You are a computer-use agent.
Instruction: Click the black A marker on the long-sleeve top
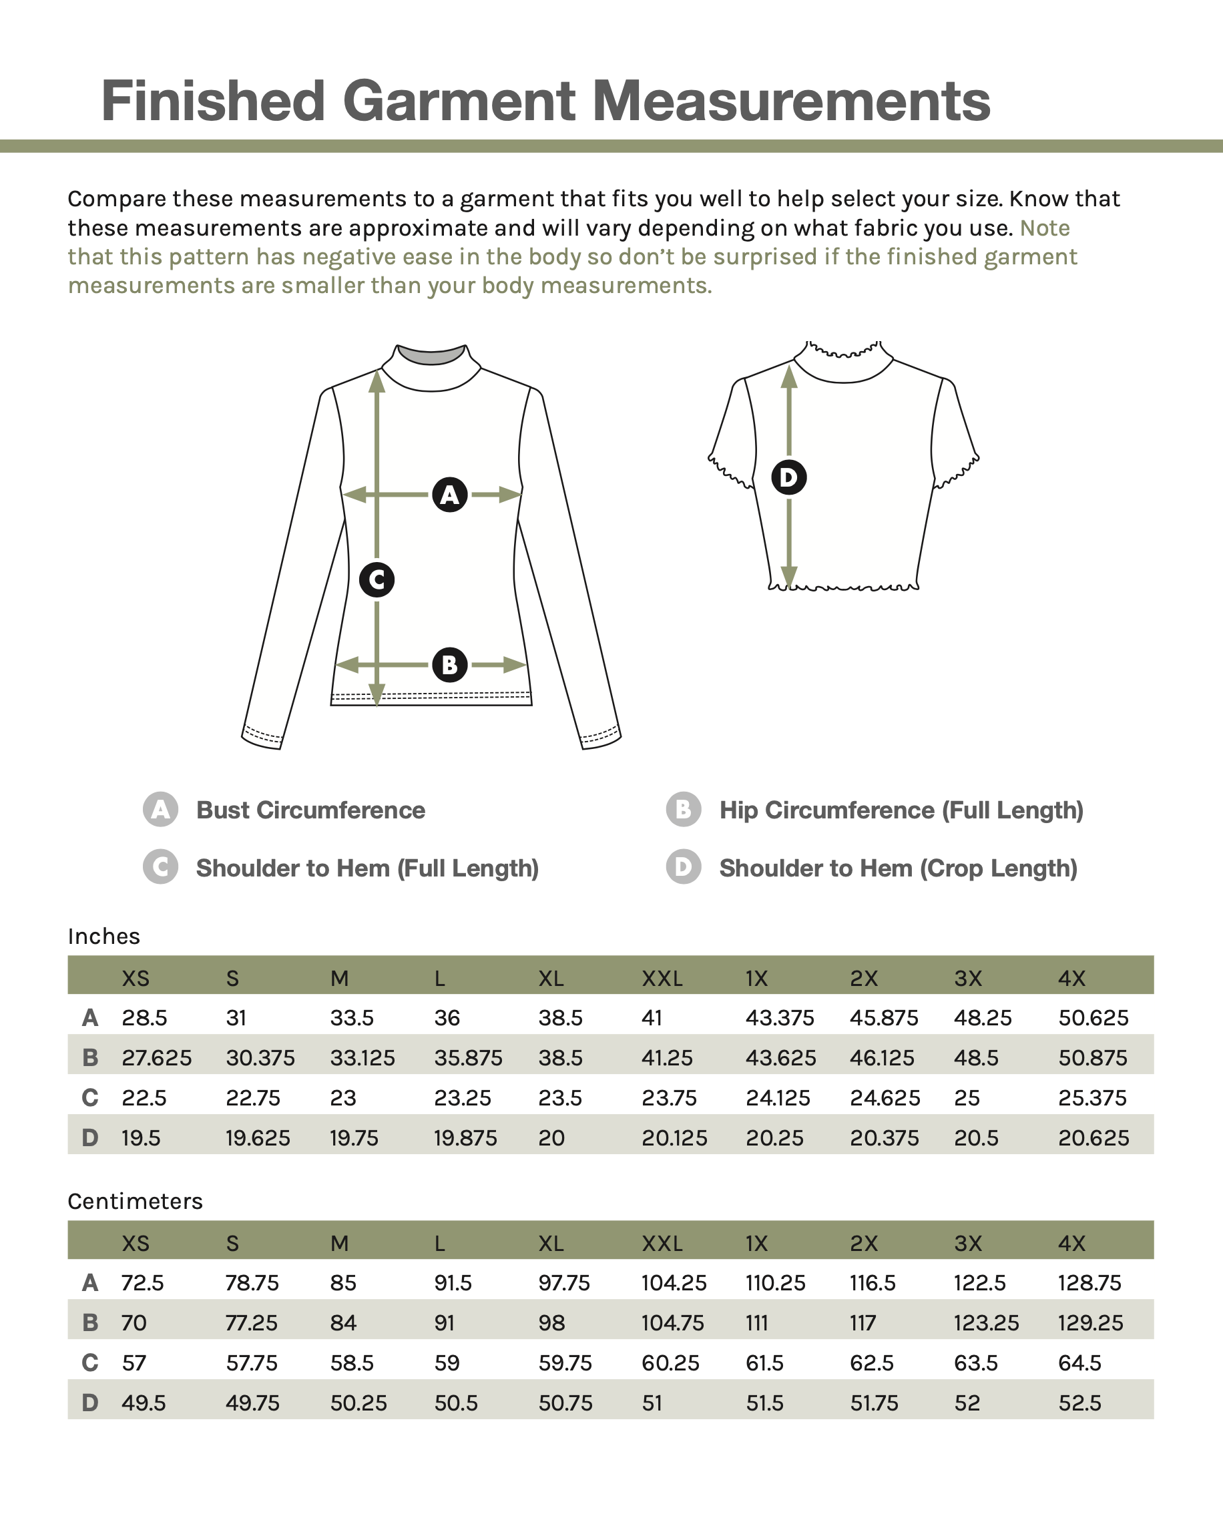pos(449,495)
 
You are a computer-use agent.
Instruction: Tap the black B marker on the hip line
pos(449,664)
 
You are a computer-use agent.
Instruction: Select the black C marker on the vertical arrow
pos(377,580)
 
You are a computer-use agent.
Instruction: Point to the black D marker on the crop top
pos(789,478)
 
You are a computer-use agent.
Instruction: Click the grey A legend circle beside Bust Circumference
pos(161,810)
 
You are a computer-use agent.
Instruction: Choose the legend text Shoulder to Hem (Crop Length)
pos(899,868)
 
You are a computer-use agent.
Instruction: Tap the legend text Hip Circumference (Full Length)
pos(901,810)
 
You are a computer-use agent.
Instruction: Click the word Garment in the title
pos(458,101)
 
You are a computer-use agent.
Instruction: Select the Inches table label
pos(104,937)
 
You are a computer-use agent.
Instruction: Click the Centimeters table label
pos(136,1201)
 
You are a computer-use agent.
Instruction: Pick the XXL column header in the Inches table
pos(662,978)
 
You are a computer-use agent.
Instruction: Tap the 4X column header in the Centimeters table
pos(1071,1243)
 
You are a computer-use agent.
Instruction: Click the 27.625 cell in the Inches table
pos(156,1057)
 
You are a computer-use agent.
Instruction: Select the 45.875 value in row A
pos(884,1017)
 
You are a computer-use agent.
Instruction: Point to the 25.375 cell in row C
pos(1093,1097)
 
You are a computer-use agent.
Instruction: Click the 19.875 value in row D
pos(466,1138)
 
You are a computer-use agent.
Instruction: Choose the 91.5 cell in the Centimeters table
pos(453,1282)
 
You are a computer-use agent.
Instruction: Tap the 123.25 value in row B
pos(986,1322)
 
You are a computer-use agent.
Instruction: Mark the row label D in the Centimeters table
pos(90,1403)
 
